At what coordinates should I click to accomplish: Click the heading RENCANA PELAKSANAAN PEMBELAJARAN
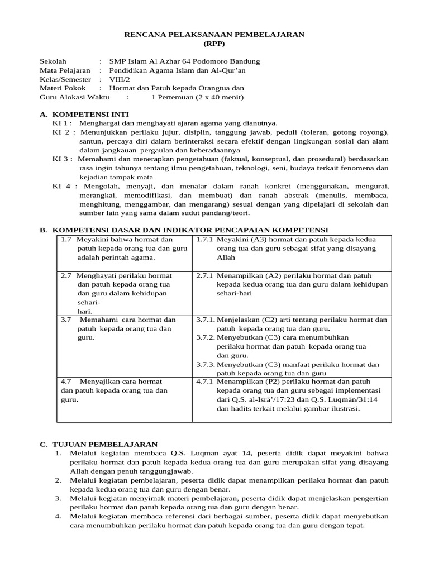[x=214, y=34]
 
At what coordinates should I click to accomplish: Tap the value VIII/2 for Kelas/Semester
[x=118, y=79]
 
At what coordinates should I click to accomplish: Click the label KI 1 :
[x=62, y=123]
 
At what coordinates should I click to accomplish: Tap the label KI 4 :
[x=65, y=186]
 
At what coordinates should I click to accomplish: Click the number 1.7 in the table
[x=66, y=240]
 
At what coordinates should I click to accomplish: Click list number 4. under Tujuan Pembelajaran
[x=58, y=516]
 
